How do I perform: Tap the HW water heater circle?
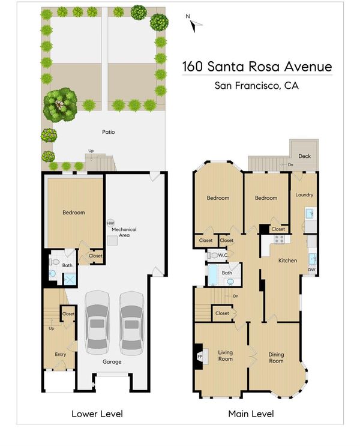[110, 223]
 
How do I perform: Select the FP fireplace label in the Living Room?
[200, 357]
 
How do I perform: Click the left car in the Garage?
[97, 322]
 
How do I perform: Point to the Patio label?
[109, 132]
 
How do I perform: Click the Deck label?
[304, 156]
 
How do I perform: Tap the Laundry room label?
[304, 195]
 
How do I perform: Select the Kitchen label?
[287, 261]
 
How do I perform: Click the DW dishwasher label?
[311, 270]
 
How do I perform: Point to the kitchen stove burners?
[279, 240]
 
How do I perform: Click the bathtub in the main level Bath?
[212, 275]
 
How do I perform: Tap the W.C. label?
[223, 255]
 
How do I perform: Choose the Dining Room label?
[276, 358]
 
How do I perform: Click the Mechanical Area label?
[124, 232]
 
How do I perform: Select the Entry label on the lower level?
[60, 354]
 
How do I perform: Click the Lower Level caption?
[97, 414]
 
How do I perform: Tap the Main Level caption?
[251, 414]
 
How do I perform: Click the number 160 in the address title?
[192, 67]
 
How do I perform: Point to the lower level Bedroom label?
[74, 212]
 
